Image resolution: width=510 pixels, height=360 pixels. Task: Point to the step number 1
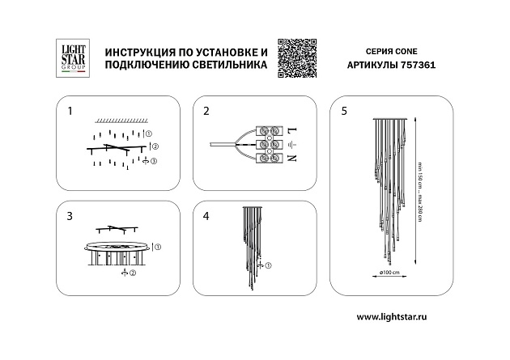(x=70, y=110)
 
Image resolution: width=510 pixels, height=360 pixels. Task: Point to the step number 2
(x=206, y=110)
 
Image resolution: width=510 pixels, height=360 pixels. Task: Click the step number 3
(x=70, y=216)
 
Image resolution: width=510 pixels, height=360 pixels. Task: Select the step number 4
(x=206, y=216)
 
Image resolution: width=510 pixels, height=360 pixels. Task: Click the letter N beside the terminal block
(x=292, y=159)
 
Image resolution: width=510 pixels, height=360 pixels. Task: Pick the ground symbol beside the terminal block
(x=292, y=145)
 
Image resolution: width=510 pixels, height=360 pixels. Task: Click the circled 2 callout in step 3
(x=132, y=273)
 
